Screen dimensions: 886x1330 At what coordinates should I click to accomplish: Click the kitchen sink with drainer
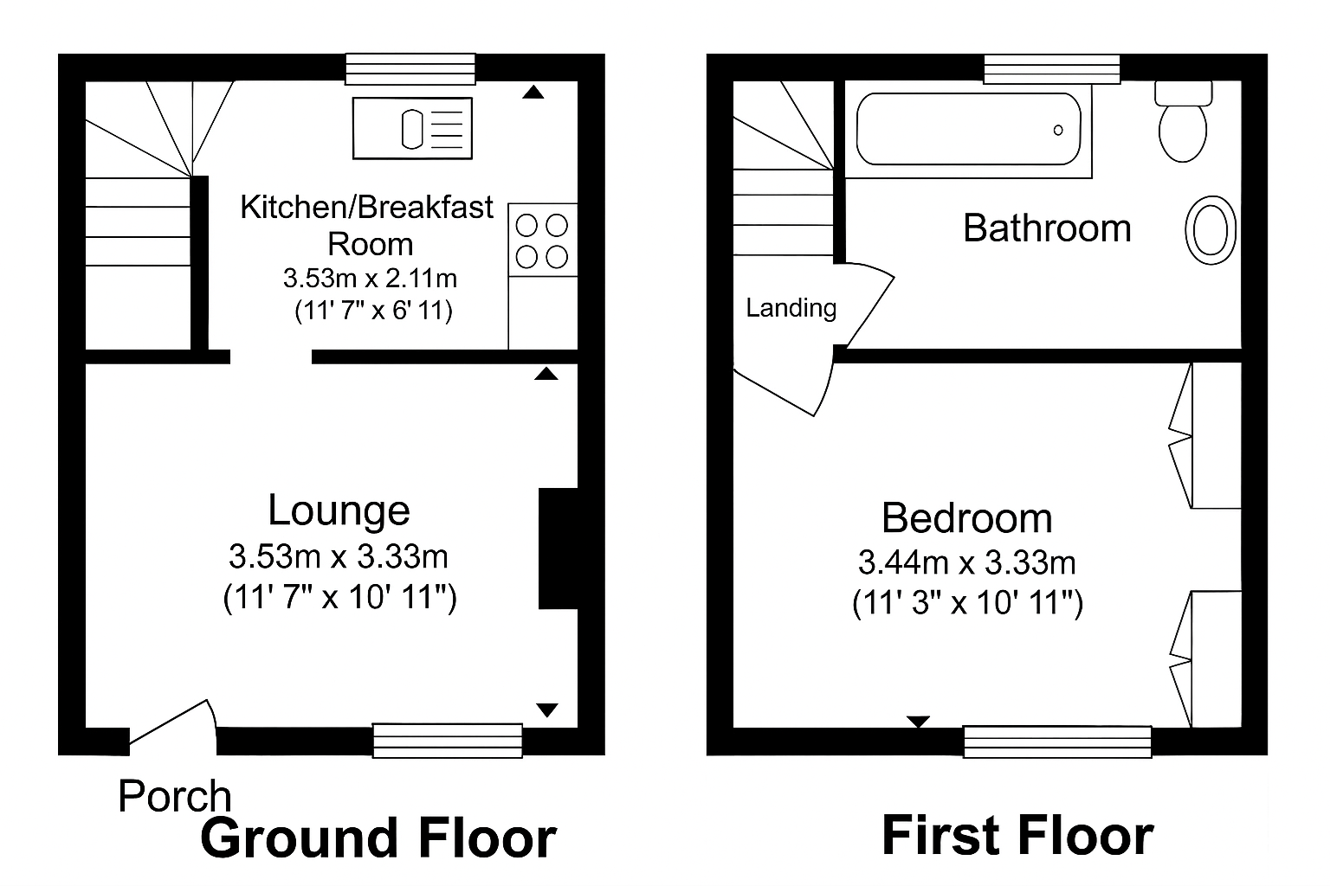pos(413,129)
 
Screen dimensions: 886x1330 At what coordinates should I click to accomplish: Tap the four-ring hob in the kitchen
pos(542,241)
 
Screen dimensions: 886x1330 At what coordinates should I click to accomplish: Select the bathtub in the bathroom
pos(968,129)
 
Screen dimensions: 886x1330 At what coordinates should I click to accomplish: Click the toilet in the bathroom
pos(1183,123)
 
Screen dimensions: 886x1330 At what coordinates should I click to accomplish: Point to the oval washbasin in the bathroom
pos(1210,230)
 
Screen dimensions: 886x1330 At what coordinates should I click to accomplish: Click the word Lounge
pos(339,510)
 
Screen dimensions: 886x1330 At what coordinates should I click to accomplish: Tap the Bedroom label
pos(966,518)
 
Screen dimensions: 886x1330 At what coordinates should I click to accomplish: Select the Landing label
pos(791,308)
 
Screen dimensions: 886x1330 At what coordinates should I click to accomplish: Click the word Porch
pos(175,796)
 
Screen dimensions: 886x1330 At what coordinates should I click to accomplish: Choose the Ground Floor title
pos(378,838)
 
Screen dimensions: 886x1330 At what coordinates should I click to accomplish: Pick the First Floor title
pos(1017,836)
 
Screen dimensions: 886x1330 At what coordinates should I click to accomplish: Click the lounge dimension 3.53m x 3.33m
pos(339,556)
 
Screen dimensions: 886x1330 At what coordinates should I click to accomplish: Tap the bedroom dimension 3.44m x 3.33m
pos(966,563)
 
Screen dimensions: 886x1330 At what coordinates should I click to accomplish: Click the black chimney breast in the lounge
pos(558,549)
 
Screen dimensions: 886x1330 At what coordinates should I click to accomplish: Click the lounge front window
pos(448,741)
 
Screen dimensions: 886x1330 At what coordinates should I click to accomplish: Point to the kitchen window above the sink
pos(410,69)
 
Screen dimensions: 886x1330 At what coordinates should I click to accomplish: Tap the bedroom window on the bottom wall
pos(1057,742)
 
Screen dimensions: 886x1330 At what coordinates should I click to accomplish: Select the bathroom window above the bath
pos(1052,69)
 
